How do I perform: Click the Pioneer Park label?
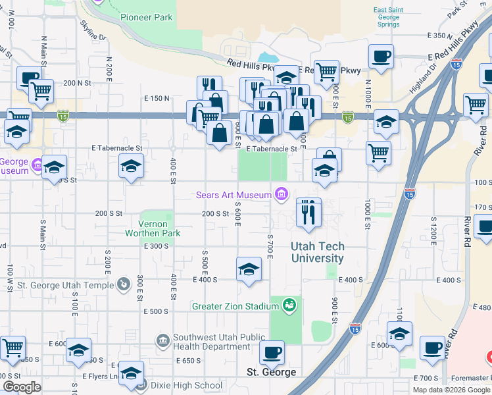click(x=147, y=17)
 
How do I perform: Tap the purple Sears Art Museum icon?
click(x=282, y=194)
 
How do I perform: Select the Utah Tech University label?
click(x=317, y=253)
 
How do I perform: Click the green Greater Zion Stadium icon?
click(x=288, y=305)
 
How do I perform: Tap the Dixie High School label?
click(x=185, y=386)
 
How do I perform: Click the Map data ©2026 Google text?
click(x=451, y=390)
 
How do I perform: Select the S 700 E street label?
click(x=270, y=246)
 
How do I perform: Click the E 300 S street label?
click(x=157, y=246)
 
